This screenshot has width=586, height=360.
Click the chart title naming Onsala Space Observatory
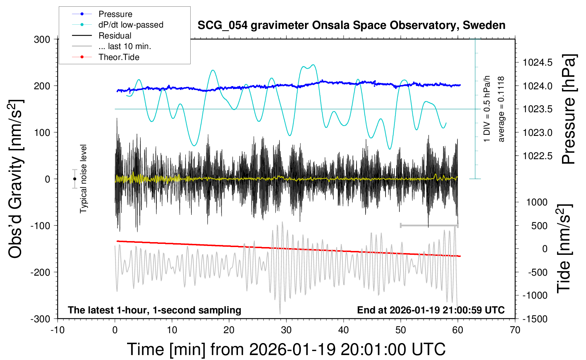[351, 25]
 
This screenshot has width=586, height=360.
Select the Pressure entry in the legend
[115, 14]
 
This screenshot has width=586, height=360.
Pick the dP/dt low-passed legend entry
[131, 25]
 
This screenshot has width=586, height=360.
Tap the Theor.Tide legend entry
[119, 57]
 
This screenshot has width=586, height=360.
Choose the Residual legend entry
[115, 36]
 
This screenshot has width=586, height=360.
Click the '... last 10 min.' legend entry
[125, 46]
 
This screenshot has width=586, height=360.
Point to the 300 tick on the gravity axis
[42, 40]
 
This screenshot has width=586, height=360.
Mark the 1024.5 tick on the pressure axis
[538, 63]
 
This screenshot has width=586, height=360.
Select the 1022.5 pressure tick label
[538, 156]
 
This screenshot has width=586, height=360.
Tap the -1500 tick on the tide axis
[534, 319]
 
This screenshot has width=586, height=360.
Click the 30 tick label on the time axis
[286, 330]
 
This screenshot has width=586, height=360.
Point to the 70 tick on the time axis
[515, 330]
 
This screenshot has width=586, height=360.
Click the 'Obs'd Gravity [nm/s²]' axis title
[16, 179]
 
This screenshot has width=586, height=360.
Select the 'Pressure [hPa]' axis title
[569, 109]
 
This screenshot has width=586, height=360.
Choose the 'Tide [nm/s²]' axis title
[564, 248]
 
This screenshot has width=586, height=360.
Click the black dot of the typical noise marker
[74, 179]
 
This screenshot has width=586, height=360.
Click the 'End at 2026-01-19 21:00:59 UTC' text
[431, 310]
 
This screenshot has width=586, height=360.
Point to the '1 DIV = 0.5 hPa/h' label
[487, 109]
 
